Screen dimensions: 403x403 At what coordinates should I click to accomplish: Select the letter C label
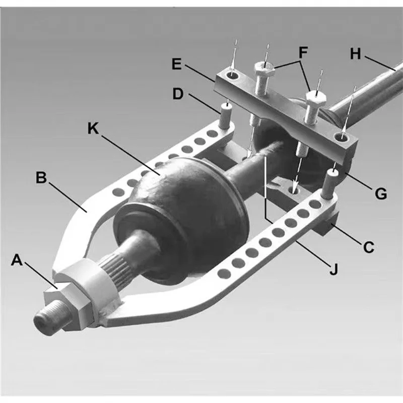coord(369,247)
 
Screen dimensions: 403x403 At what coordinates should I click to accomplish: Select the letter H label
coord(356,54)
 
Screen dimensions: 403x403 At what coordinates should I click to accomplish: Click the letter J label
coord(332,270)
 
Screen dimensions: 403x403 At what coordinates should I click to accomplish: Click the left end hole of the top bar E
coord(233,76)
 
